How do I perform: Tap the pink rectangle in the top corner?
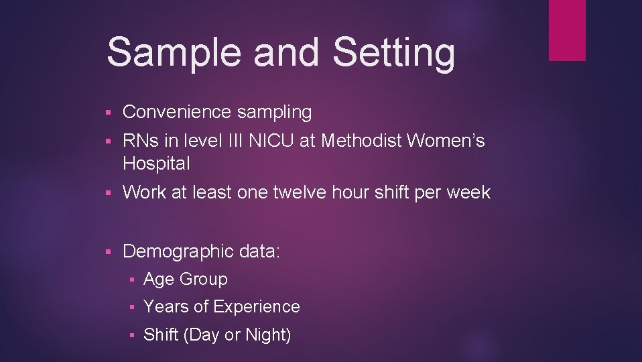point(567,29)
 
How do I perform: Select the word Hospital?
point(156,163)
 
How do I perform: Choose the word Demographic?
point(178,252)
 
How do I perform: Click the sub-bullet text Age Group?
point(186,279)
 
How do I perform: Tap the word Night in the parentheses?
point(266,335)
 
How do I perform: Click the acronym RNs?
point(138,141)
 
